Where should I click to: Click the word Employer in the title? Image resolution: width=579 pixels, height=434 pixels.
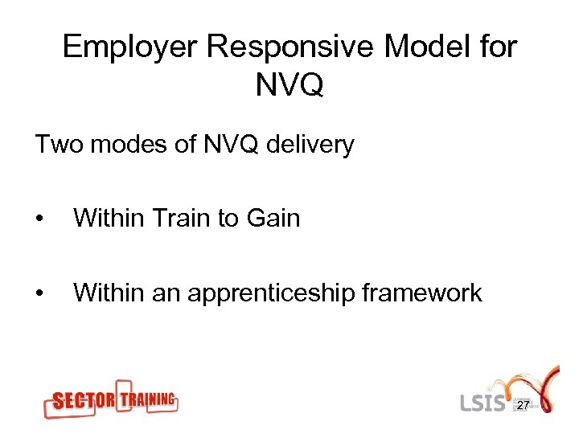coord(129,48)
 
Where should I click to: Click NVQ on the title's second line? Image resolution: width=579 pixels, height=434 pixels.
coord(289,84)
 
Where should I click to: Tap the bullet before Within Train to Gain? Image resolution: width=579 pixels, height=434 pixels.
coord(40,219)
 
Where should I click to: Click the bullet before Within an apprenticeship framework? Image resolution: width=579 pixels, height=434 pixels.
coord(40,293)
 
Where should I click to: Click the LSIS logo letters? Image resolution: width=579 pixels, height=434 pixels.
coord(484,402)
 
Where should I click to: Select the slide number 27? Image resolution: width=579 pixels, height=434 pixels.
coord(523,406)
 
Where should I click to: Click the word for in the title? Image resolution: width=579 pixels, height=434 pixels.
coord(499,48)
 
